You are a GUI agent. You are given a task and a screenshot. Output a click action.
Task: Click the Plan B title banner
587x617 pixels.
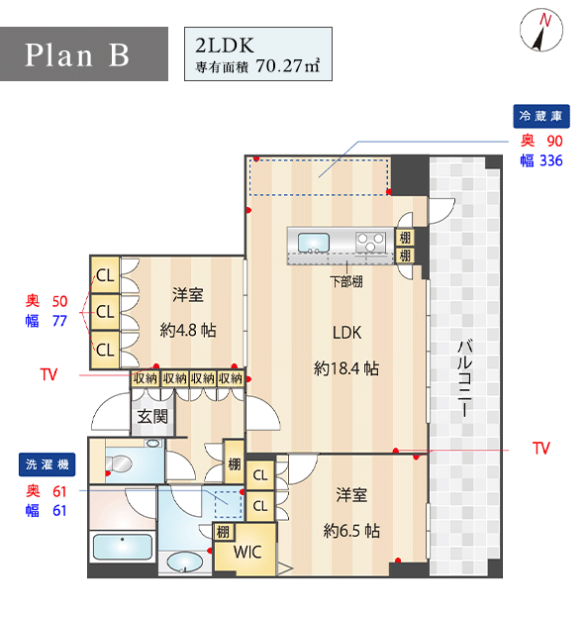click(84, 53)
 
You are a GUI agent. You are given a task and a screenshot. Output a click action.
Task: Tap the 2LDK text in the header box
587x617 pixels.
click(225, 46)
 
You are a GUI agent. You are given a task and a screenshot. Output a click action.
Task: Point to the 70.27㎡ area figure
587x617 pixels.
click(288, 65)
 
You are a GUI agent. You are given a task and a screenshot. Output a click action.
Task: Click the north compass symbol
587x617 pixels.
click(541, 31)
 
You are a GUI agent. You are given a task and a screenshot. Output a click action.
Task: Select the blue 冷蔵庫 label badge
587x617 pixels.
click(541, 116)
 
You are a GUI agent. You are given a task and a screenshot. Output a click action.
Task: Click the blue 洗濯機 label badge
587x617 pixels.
click(48, 464)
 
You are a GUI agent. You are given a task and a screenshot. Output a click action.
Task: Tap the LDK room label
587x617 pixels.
click(346, 333)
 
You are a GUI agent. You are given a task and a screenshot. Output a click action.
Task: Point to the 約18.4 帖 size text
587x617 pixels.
click(346, 368)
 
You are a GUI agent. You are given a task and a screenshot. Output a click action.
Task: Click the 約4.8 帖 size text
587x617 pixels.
click(188, 330)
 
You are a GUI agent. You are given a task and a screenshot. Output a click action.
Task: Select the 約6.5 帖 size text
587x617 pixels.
click(351, 531)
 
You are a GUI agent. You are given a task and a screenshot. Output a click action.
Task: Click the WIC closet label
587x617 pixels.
click(247, 552)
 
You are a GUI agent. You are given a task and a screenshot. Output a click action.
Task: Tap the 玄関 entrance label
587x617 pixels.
click(152, 416)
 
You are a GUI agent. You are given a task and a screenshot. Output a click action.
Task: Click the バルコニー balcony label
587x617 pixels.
click(464, 377)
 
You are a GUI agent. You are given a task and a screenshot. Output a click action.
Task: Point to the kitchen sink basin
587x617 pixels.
click(314, 243)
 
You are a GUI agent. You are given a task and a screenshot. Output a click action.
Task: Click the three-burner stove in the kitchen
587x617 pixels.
click(370, 243)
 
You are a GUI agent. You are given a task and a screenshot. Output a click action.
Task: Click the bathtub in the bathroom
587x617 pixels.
click(123, 547)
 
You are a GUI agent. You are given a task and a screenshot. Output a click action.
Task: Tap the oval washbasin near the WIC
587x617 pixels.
click(185, 562)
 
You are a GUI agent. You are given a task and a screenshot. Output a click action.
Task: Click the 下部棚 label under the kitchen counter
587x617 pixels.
click(346, 281)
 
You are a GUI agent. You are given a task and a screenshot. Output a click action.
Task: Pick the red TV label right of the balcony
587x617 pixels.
click(541, 449)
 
